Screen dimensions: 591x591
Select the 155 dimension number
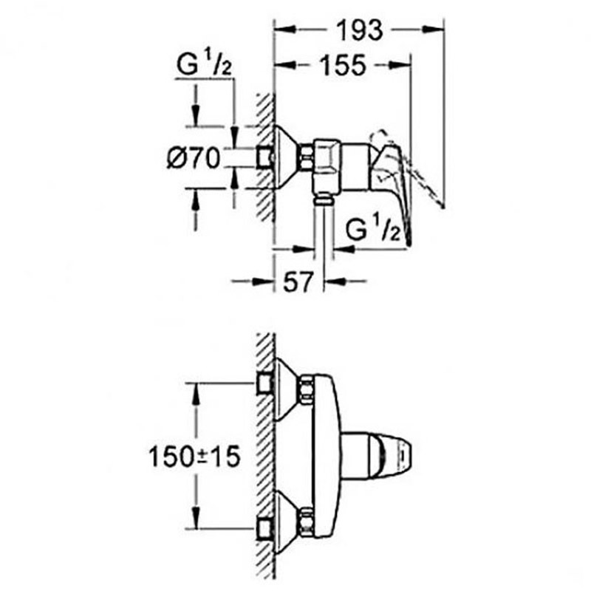coord(342,66)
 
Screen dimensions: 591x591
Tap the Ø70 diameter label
coord(194,157)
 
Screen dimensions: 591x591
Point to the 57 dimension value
coord(296,281)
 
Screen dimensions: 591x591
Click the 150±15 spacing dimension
coord(194,456)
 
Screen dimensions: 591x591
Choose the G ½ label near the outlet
coord(373,230)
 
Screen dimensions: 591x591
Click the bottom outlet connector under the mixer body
coord(321,197)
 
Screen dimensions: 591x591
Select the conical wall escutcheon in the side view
coord(284,157)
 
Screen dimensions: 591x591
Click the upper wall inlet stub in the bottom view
coord(265,383)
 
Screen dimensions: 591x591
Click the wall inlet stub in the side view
coord(265,157)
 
